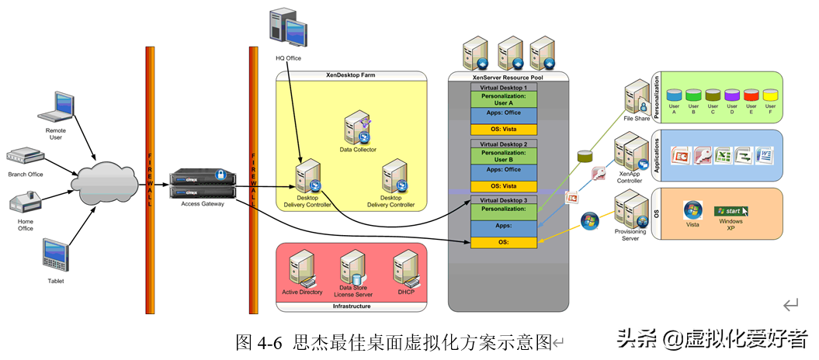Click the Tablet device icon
(56, 254)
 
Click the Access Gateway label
(202, 204)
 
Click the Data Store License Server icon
(353, 268)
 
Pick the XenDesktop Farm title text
(352, 75)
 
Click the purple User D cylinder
(731, 95)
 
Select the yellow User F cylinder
(770, 95)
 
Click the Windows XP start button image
(731, 210)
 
